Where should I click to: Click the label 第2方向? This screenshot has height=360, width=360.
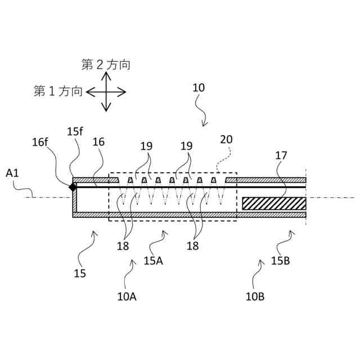(x=106, y=65)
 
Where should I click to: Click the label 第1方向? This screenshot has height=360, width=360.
(x=58, y=91)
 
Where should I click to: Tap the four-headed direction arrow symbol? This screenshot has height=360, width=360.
(x=106, y=92)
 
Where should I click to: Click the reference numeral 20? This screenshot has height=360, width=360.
(x=226, y=139)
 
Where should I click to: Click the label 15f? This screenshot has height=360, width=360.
(x=74, y=131)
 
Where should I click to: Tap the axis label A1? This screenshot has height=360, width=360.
(x=12, y=173)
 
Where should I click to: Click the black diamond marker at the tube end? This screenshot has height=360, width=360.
(x=73, y=187)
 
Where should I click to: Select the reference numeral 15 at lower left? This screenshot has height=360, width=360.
(x=80, y=273)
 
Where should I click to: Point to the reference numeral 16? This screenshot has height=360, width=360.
(x=98, y=142)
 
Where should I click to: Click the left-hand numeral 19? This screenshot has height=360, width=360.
(x=146, y=146)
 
